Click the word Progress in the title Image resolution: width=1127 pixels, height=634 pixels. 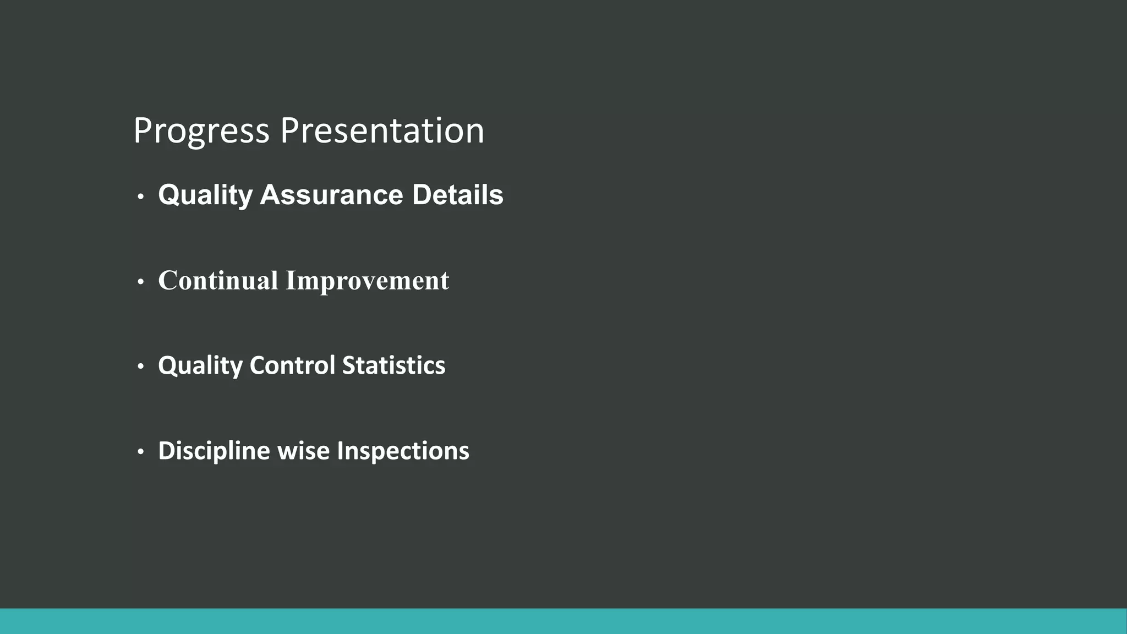tap(201, 131)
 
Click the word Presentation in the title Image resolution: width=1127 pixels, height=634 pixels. tap(382, 131)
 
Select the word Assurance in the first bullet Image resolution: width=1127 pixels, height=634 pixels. tap(331, 195)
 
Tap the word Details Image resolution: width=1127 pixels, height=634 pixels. tap(457, 195)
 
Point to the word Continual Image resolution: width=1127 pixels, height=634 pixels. tap(218, 280)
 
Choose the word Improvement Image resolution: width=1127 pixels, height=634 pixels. tap(367, 280)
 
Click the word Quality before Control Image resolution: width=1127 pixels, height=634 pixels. tap(200, 365)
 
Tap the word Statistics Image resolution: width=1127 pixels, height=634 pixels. tap(393, 365)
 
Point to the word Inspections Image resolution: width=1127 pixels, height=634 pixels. tap(403, 451)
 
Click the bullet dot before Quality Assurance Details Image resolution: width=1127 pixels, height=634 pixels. tap(141, 196)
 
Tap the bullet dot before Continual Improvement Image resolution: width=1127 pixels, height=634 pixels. tap(141, 282)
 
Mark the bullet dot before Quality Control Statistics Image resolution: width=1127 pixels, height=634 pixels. tap(141, 367)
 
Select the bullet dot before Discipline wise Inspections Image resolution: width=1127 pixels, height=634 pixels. tap(141, 452)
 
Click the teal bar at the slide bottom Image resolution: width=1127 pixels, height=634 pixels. tap(563, 621)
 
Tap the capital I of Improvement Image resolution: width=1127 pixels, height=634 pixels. tap(291, 280)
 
